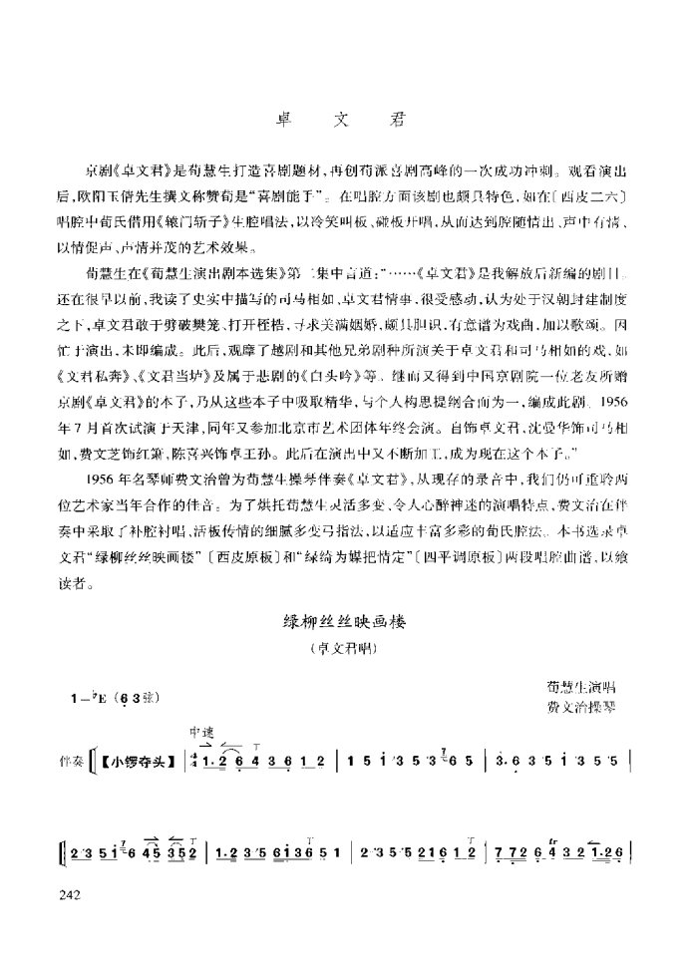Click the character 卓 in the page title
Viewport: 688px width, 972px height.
tap(283, 117)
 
